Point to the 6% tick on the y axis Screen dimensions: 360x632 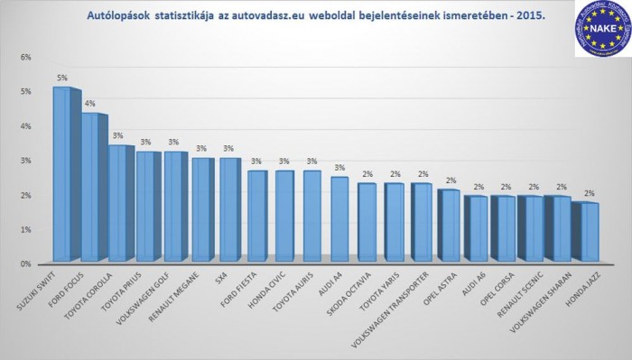tap(26, 57)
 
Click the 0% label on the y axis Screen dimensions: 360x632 tap(26, 264)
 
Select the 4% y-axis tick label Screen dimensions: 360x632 tap(26, 126)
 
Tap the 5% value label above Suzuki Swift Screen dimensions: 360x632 tap(61, 78)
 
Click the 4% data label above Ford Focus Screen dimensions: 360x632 tap(89, 104)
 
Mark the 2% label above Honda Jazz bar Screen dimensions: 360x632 tap(588, 193)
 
